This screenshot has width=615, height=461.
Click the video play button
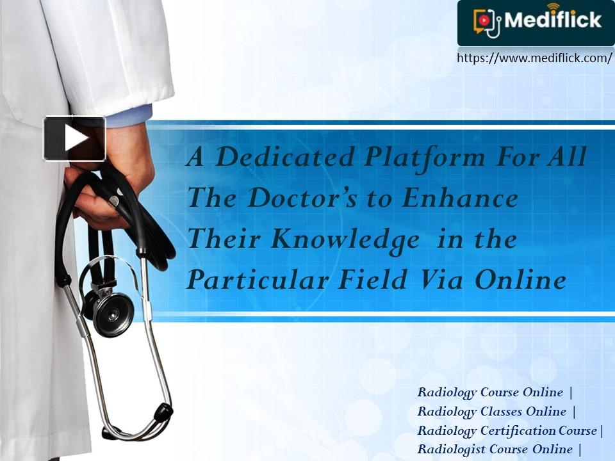[74, 138]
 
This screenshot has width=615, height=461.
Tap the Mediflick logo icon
[487, 22]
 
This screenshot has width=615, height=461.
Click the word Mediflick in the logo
[553, 20]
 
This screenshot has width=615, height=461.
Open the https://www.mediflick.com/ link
[534, 58]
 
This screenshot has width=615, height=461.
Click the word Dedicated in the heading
[286, 157]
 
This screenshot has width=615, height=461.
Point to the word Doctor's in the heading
[302, 198]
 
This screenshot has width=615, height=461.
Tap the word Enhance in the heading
[460, 198]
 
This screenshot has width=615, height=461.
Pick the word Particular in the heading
[258, 280]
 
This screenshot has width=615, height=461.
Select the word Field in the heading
[373, 279]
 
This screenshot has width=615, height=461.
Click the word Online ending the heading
[520, 279]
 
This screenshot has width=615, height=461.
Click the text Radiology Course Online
[490, 392]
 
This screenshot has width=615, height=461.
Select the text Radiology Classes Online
[492, 411]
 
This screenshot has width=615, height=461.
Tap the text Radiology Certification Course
[507, 430]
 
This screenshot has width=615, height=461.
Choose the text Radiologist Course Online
[495, 449]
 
